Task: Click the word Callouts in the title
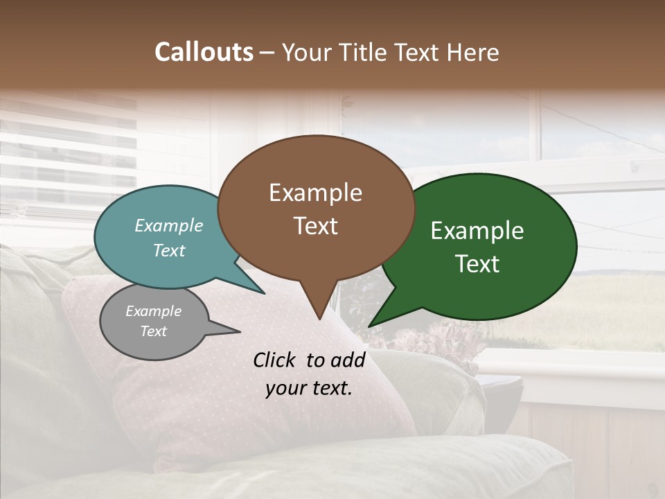pos(204,53)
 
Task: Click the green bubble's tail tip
pos(369,326)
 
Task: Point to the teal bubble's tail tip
pos(263,293)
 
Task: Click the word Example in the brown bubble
pos(315,193)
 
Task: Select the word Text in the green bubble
pos(477,264)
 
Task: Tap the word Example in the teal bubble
pos(169,226)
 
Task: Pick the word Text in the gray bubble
pos(154,331)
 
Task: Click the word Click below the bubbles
pos(276,360)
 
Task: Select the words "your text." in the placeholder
pos(309,388)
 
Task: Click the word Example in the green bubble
pos(477,231)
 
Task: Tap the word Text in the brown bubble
pos(315,226)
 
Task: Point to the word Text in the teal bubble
pos(169,251)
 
